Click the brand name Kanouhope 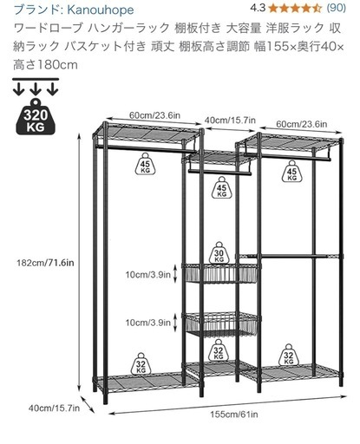click(101, 10)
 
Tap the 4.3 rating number click(258, 8)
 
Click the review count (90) click(337, 8)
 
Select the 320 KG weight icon click(36, 116)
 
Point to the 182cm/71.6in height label click(45, 263)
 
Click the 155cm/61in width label click(234, 415)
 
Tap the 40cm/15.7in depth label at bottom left click(54, 408)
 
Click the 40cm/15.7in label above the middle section click(230, 120)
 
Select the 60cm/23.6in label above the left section click(154, 115)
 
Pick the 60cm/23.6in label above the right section click(302, 124)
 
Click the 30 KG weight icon click(219, 252)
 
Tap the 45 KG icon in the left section click(145, 164)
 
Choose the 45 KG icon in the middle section click(221, 187)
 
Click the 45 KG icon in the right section click(291, 171)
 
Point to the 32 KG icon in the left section click(141, 363)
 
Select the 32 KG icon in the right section click(289, 355)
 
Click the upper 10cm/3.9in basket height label click(147, 274)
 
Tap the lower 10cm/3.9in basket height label click(147, 323)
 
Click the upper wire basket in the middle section click(221, 273)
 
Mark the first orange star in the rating click(273, 9)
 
